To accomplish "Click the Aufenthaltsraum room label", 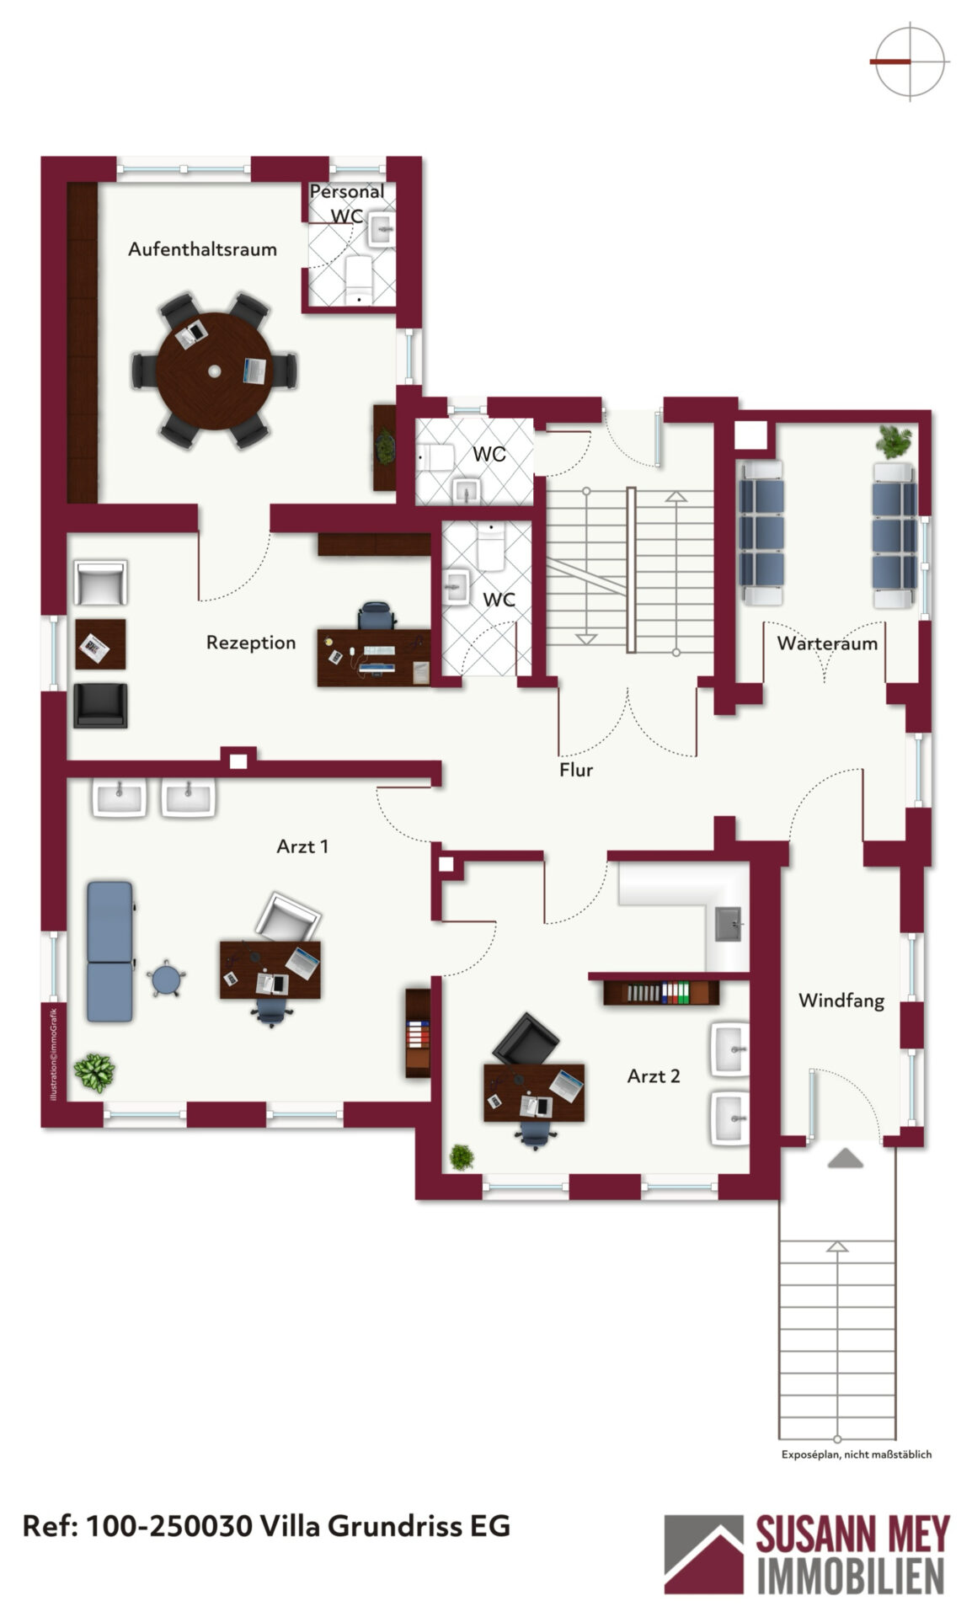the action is [202, 249].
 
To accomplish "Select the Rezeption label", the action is [251, 643].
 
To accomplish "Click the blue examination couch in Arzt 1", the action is [109, 951].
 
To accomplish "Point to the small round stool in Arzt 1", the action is [166, 979].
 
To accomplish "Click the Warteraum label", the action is [827, 643].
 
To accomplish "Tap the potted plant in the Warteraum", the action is [893, 440].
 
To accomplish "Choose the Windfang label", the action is [841, 1001].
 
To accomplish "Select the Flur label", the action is [576, 770].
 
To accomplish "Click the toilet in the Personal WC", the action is [359, 280].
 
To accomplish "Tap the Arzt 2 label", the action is [654, 1075].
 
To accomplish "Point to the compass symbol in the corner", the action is [910, 61].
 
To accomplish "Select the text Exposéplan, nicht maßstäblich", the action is [857, 1454].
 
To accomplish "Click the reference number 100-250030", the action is [168, 1526].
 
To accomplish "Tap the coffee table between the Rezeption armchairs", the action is [100, 644].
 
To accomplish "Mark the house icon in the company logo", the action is [703, 1554].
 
